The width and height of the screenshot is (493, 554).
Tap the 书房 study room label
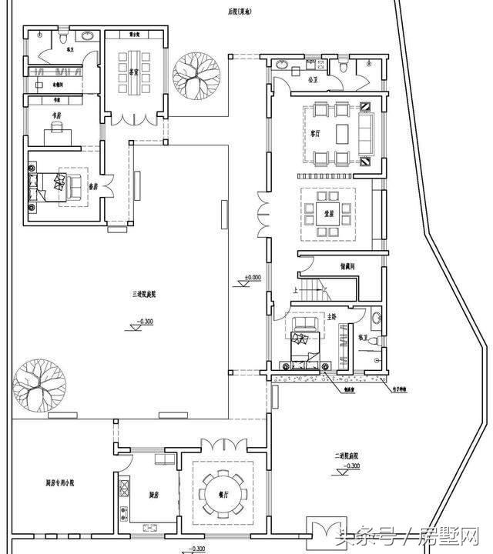click(x=56, y=116)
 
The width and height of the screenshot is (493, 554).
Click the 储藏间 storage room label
click(x=347, y=266)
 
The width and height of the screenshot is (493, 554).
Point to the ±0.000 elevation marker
click(x=253, y=277)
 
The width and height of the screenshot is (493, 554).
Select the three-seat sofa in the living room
click(x=364, y=132)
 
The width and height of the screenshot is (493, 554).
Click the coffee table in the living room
click(x=342, y=132)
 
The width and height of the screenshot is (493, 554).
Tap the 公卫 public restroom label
click(x=313, y=79)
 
